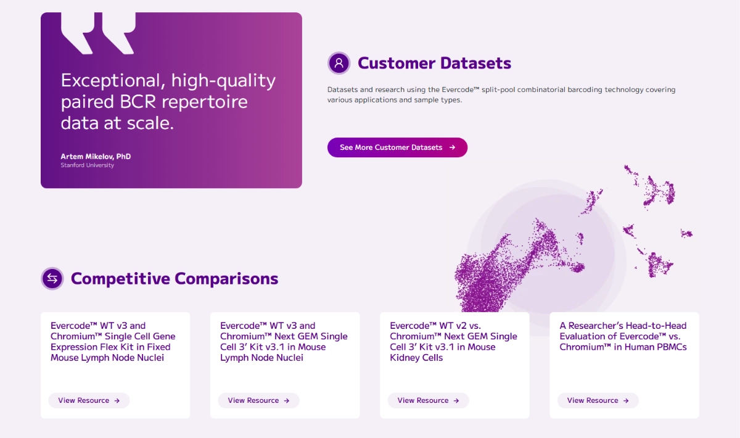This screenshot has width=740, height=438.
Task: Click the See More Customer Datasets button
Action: pyautogui.click(x=397, y=147)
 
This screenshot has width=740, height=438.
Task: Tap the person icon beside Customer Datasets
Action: pyautogui.click(x=339, y=63)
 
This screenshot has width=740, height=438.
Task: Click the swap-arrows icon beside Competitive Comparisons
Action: pyautogui.click(x=52, y=278)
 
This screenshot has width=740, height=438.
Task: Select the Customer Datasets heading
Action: pyautogui.click(x=434, y=63)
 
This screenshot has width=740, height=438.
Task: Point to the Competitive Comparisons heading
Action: pyautogui.click(x=175, y=278)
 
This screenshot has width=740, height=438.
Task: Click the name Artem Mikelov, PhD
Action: pyautogui.click(x=96, y=156)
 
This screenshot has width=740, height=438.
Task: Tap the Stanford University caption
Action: pyautogui.click(x=87, y=165)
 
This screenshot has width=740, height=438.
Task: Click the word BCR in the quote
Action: pyautogui.click(x=138, y=102)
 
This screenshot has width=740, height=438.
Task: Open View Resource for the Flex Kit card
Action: pyautogui.click(x=89, y=400)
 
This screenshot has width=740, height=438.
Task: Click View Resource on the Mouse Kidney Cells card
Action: pyautogui.click(x=428, y=400)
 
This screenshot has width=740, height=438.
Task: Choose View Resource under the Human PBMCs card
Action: pyautogui.click(x=598, y=400)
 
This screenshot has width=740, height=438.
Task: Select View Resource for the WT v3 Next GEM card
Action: pyautogui.click(x=258, y=400)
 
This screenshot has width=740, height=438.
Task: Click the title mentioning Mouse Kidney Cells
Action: pyautogui.click(x=454, y=342)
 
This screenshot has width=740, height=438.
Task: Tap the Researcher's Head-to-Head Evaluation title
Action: pyautogui.click(x=623, y=336)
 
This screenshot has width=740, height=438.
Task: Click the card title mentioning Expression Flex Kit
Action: pyautogui.click(x=113, y=342)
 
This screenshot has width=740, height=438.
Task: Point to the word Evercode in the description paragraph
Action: pyautogui.click(x=460, y=89)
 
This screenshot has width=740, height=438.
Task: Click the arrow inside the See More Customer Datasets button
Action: pyautogui.click(x=452, y=147)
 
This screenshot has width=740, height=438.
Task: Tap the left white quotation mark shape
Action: pyautogui.click(x=78, y=33)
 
